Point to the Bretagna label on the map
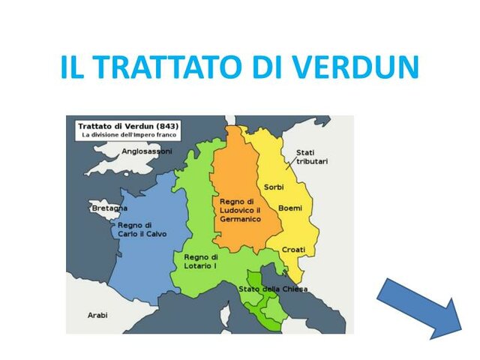coord(109,208)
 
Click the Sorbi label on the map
coord(274,187)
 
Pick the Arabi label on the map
coord(98,314)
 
